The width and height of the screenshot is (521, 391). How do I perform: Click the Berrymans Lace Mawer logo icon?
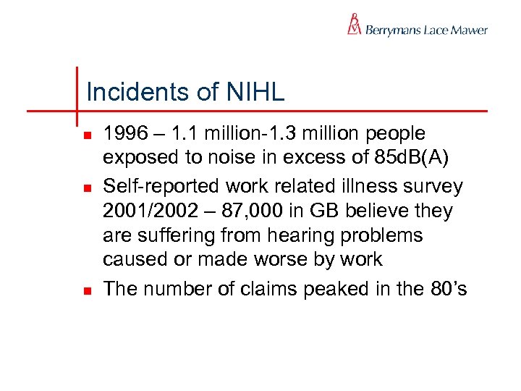coord(354,24)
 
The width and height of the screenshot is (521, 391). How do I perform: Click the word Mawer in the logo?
coord(470,30)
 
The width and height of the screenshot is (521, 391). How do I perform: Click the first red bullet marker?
coord(87,135)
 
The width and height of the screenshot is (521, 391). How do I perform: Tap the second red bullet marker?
coord(87,188)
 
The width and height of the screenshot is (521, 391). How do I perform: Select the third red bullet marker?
coord(87,290)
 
